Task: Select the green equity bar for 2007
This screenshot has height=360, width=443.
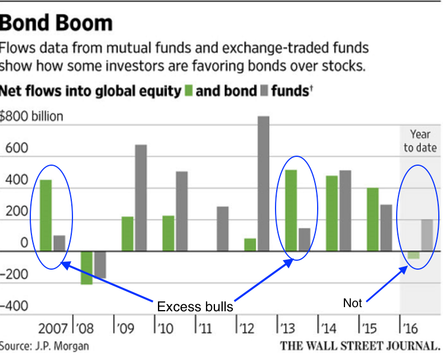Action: click(46, 215)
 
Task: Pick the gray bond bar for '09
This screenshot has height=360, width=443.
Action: click(141, 197)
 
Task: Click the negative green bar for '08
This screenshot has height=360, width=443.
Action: click(87, 267)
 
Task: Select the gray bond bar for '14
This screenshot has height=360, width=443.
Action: click(344, 210)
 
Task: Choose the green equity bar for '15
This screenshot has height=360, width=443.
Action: click(372, 219)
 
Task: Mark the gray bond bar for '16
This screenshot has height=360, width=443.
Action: click(428, 235)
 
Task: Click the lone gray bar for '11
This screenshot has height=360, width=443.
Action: click(222, 228)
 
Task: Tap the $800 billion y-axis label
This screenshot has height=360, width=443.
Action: click(31, 116)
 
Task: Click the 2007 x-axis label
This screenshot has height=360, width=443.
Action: click(53, 328)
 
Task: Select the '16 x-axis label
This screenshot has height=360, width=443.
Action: click(410, 328)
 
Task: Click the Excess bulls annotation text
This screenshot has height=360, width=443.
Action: click(194, 307)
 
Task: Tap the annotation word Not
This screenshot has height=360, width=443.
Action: click(352, 303)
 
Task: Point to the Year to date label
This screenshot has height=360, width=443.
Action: click(420, 141)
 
